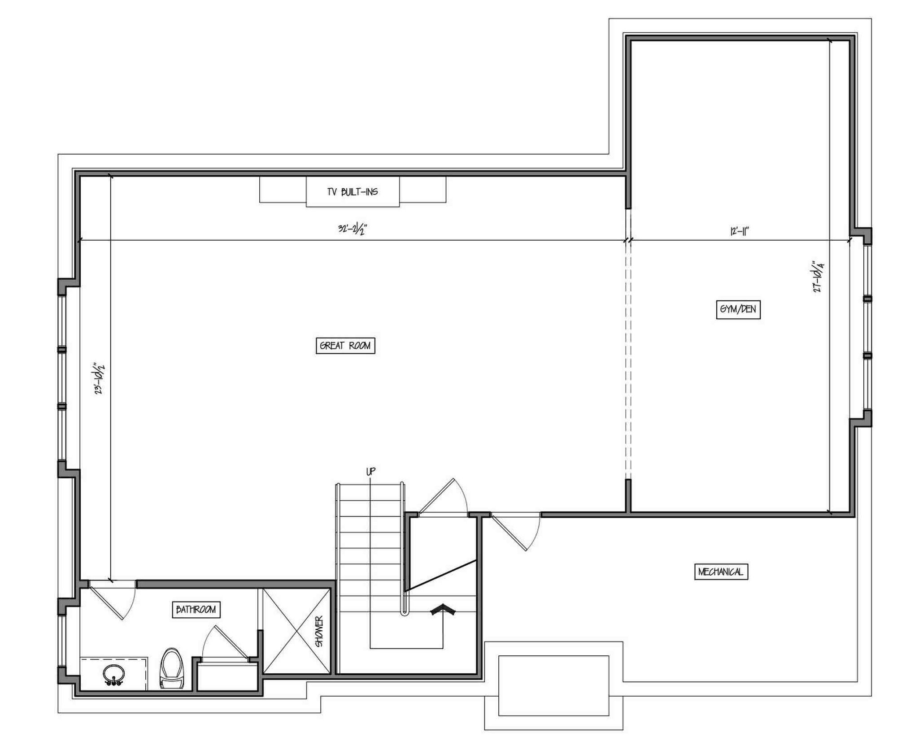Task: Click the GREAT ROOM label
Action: pos(345,346)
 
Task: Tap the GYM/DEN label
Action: pos(738,309)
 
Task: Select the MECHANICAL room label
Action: pos(721,572)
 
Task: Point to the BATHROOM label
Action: pos(196,610)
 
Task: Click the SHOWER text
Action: pos(319,632)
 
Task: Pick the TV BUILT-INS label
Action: pos(353,192)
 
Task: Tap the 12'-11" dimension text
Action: pos(740,231)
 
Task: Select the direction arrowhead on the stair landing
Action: pos(443,610)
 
